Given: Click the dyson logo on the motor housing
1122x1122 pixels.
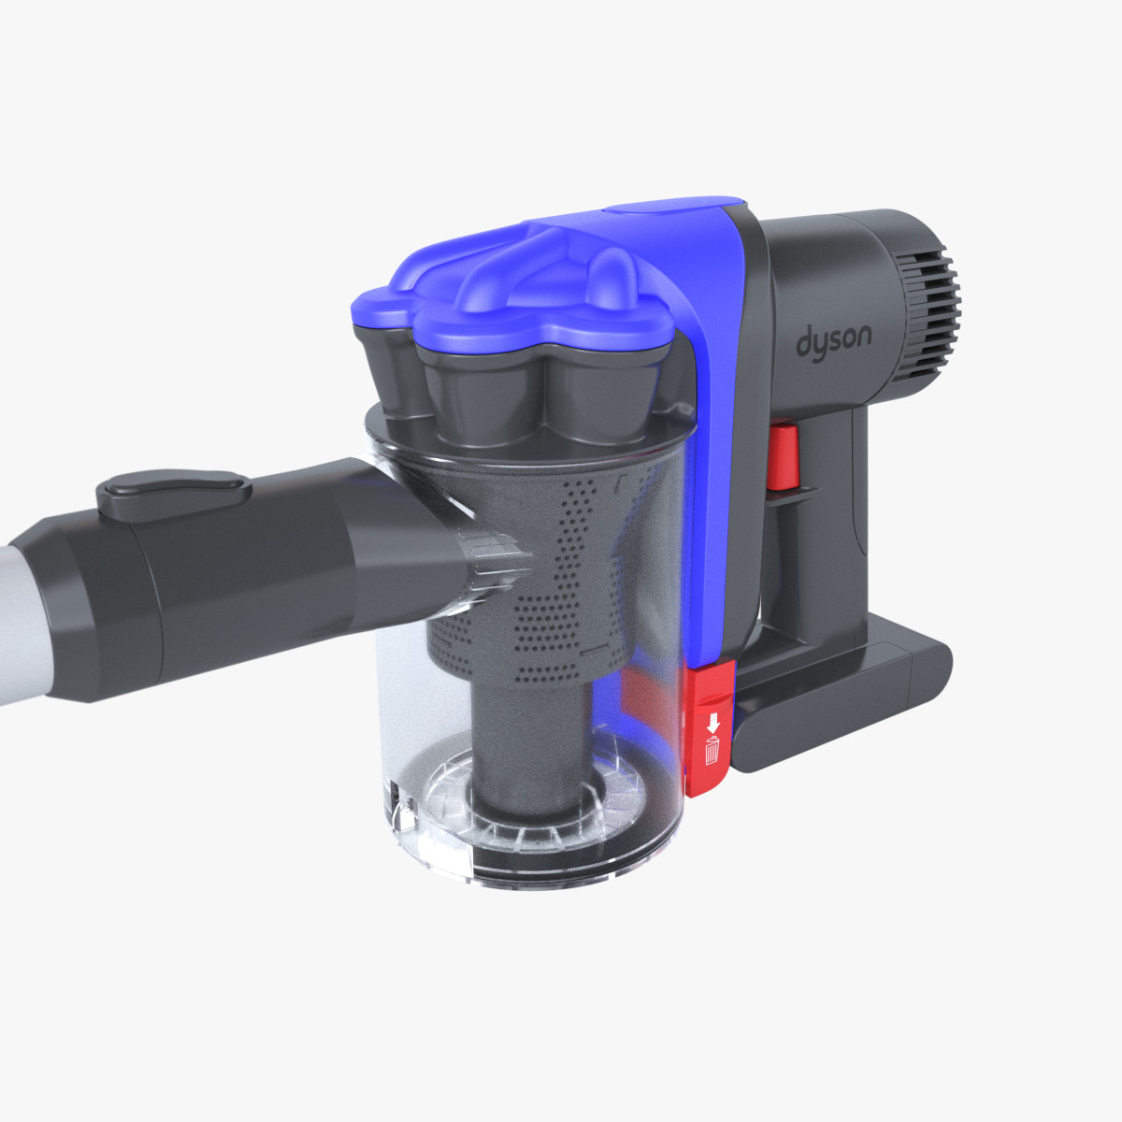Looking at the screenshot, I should click(x=833, y=340).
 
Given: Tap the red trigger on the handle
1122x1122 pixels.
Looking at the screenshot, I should click(x=783, y=456).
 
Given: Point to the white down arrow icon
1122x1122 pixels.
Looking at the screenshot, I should click(x=712, y=723).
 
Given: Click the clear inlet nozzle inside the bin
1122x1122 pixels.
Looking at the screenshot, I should click(x=486, y=561).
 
